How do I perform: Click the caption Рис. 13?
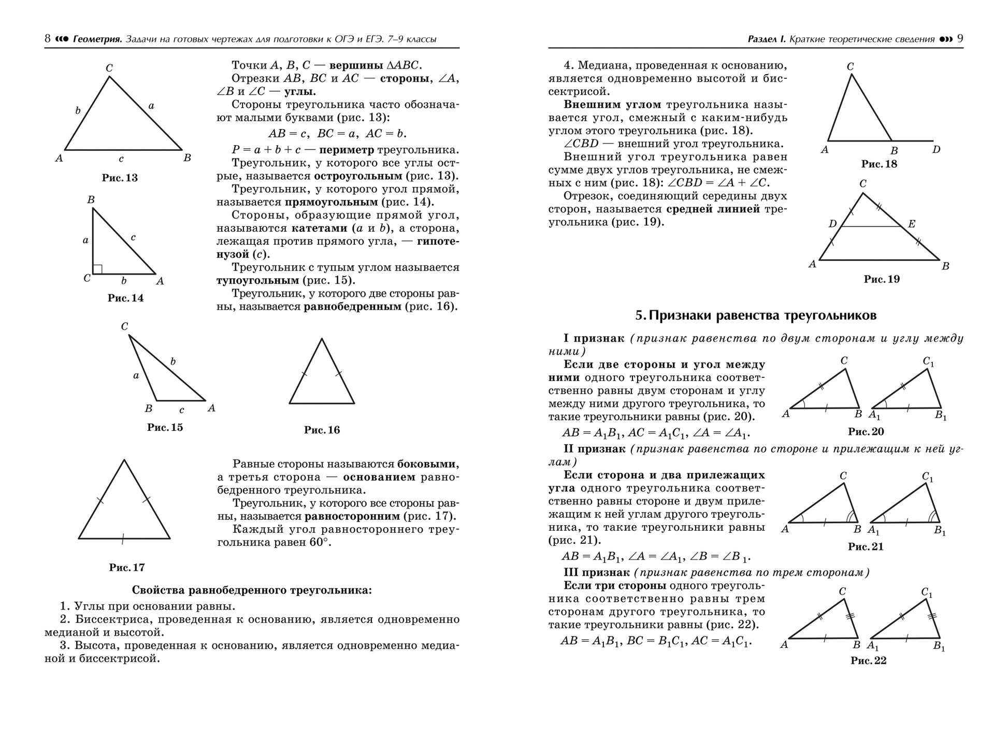[x=120, y=178]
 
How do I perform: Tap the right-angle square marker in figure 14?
[x=97, y=269]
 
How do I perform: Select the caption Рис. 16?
[x=322, y=430]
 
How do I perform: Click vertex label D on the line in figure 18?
[x=935, y=150]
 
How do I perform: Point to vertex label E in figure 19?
[x=912, y=224]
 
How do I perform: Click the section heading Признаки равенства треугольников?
[x=756, y=315]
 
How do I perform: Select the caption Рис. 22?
[x=868, y=660]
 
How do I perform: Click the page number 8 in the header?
[x=48, y=39]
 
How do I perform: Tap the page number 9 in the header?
[x=960, y=39]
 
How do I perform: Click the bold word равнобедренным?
[x=352, y=306]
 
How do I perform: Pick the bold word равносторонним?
[x=352, y=516]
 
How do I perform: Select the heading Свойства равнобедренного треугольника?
[x=252, y=590]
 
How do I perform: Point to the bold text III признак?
[x=596, y=572]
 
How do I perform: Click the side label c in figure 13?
[x=121, y=159]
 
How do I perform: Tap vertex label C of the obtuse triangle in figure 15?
[x=124, y=327]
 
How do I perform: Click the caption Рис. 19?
[x=882, y=279]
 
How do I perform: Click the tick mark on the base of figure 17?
[x=123, y=539]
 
